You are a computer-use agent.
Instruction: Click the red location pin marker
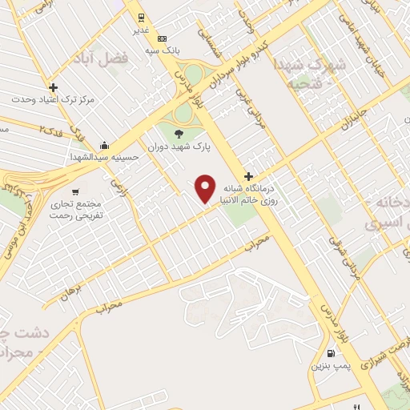[x=207, y=189]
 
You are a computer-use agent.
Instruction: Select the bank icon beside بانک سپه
[x=163, y=38]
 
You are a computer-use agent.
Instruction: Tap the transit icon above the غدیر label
[x=139, y=16]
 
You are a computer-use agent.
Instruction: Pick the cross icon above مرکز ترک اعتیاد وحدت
[x=53, y=87]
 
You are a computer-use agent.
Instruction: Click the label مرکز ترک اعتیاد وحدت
[x=54, y=100]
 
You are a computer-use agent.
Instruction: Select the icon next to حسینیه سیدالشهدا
[x=105, y=145]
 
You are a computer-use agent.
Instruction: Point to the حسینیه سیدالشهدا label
[x=105, y=157]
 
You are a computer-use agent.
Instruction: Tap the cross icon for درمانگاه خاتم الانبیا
[x=249, y=176]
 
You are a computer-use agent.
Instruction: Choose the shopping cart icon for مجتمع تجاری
[x=74, y=192]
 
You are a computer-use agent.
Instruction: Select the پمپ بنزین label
[x=329, y=365]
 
